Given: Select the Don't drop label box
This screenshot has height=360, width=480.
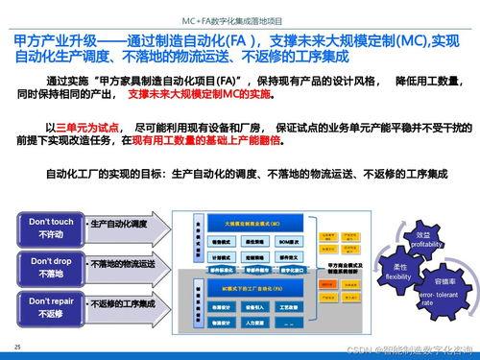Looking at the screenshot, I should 44,266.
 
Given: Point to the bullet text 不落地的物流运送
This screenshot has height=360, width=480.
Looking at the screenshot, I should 122,263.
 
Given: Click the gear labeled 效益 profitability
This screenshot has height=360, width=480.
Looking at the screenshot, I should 428,240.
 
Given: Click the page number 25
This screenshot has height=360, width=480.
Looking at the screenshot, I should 16,346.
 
